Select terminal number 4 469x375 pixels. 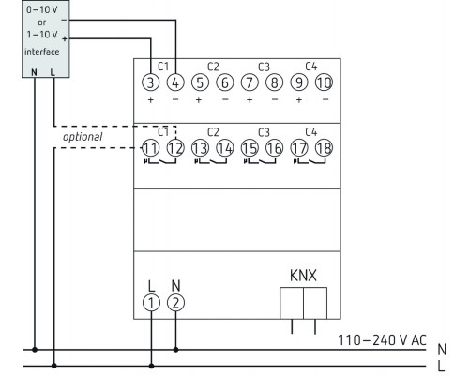click(x=175, y=82)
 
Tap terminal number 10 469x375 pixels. click(x=324, y=82)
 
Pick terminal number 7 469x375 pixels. click(x=250, y=82)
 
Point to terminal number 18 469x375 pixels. click(x=324, y=147)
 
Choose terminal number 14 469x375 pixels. click(x=224, y=147)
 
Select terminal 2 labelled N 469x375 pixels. click(x=176, y=301)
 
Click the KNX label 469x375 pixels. click(x=303, y=277)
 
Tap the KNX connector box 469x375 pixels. click(x=303, y=305)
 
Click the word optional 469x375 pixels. click(x=83, y=137)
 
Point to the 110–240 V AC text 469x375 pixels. click(x=384, y=339)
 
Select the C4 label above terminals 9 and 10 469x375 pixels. click(x=311, y=67)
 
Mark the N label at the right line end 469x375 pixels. click(x=442, y=347)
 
